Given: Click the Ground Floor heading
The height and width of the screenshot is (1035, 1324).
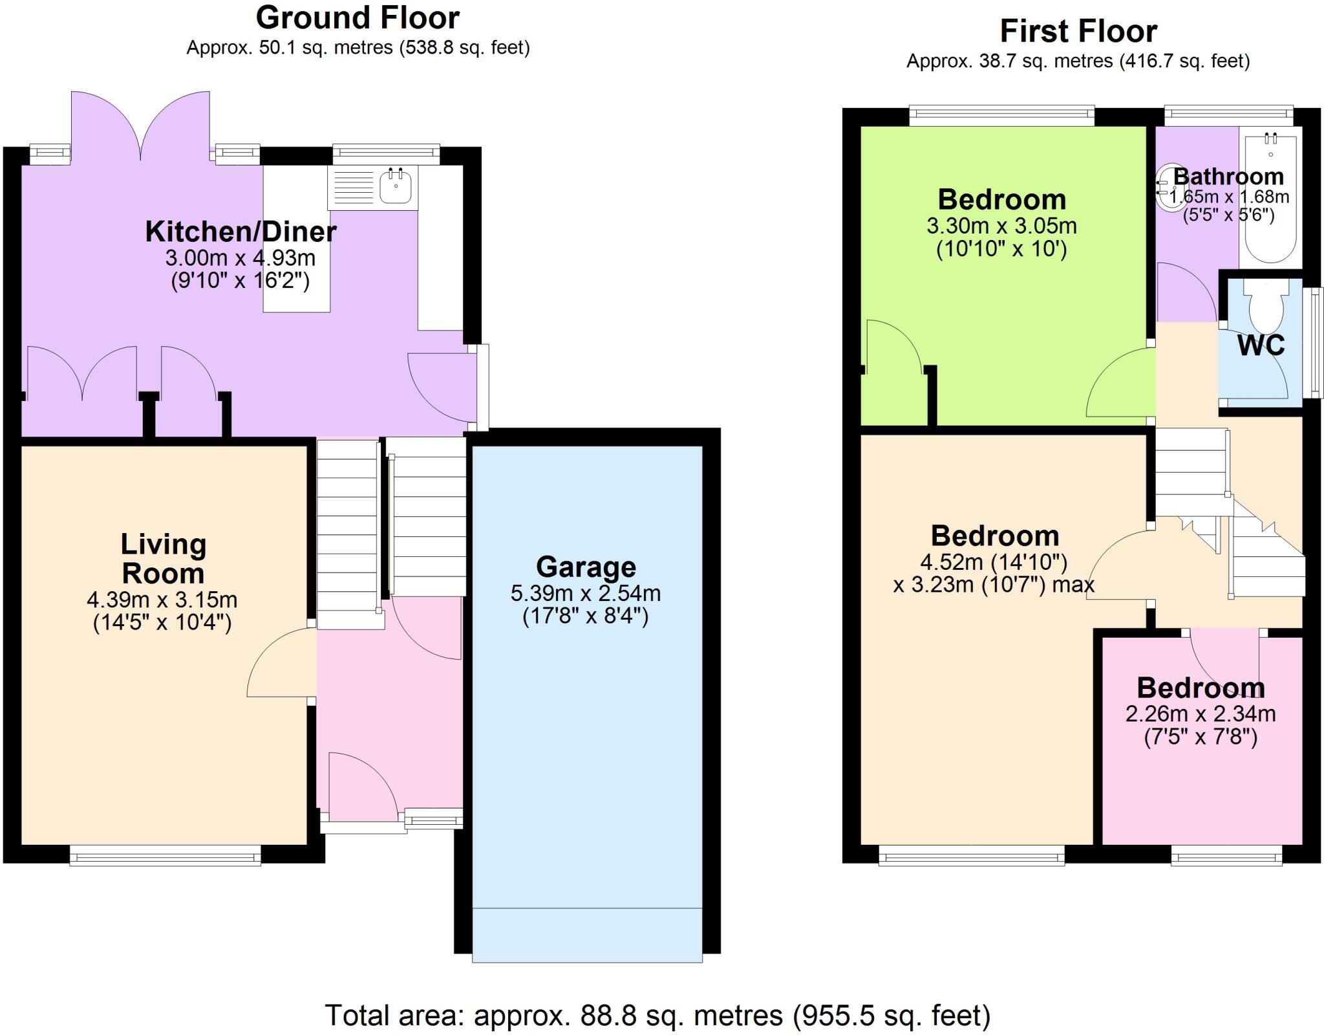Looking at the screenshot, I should coord(358,18).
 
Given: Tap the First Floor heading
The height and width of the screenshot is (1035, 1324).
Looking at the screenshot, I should coord(1078,31).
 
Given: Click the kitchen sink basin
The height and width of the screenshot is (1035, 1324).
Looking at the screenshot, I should coord(395,186).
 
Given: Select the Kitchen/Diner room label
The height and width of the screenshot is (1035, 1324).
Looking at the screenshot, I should coord(240,232).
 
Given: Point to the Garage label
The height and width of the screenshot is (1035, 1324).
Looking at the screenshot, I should coord(586,567).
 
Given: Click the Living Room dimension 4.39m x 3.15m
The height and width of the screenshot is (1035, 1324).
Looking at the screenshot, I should coord(162,600).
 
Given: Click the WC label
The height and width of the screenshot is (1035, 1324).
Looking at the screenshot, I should coord(1261,345).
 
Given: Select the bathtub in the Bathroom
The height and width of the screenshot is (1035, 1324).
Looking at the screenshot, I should coord(1270,201).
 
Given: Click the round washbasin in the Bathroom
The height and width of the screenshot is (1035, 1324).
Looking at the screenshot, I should coord(1166,188).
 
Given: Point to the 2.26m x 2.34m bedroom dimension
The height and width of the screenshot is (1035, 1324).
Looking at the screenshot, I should coord(1201,714).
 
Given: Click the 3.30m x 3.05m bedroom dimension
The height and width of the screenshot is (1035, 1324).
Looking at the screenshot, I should coord(1001,226).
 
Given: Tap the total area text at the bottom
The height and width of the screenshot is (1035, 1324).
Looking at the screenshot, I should coord(657,1016).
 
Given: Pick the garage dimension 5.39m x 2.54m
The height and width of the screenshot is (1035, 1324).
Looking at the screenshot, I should coord(586,593).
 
